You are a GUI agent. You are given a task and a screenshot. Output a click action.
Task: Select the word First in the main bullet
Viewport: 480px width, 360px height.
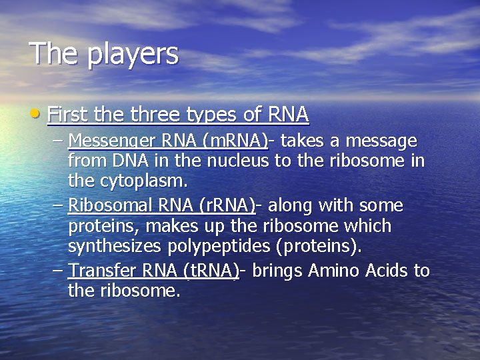point(69,115)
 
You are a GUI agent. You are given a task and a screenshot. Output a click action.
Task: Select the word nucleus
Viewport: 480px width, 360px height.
point(235,161)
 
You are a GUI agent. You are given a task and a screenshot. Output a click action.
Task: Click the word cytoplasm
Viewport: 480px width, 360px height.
point(143,181)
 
